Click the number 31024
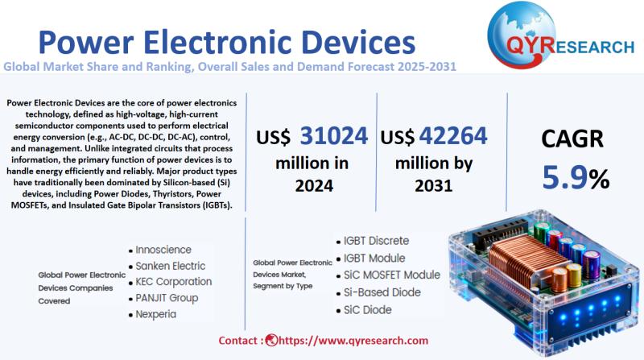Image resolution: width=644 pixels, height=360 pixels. click(334, 135)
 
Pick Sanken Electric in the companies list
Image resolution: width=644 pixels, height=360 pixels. click(171, 266)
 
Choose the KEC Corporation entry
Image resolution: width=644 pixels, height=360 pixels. click(174, 282)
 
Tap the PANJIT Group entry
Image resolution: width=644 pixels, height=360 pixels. click(167, 298)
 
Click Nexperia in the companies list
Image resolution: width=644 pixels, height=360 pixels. click(158, 314)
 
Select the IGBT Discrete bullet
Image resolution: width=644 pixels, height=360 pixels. click(377, 240)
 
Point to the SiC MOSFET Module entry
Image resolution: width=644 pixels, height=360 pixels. click(392, 275)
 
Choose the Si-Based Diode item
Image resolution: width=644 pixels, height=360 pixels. click(382, 292)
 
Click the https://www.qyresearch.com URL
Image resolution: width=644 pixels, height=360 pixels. click(353, 341)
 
